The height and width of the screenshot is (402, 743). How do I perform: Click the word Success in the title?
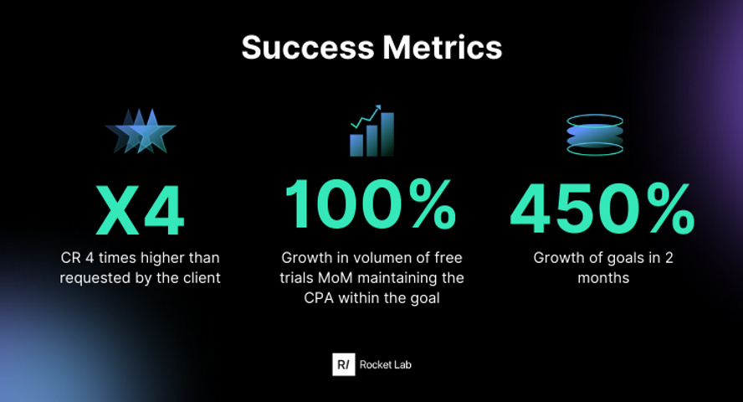(308, 48)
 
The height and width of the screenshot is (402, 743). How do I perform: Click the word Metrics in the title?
(443, 48)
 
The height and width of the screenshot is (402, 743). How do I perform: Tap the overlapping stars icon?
(141, 131)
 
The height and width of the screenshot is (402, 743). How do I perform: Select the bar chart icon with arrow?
(372, 131)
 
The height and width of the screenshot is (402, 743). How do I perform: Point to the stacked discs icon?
(595, 135)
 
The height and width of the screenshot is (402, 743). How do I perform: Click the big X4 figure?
(140, 210)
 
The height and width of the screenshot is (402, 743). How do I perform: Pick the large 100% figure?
(370, 205)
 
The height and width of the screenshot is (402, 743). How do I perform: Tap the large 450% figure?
(602, 209)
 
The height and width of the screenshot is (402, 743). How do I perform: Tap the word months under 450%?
(603, 278)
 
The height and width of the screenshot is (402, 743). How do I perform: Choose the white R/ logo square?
(344, 364)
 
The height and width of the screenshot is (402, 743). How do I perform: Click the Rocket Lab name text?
(385, 364)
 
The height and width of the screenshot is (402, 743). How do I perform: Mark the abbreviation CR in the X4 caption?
(70, 258)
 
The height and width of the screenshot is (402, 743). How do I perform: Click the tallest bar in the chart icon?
(387, 135)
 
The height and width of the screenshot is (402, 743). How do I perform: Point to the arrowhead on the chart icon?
(377, 107)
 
